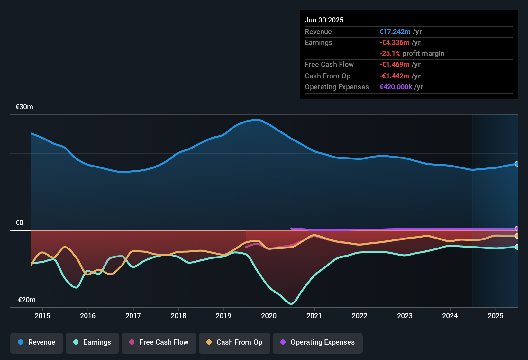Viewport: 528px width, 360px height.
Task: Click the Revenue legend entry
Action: click(x=37, y=342)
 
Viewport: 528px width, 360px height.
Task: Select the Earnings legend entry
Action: click(x=92, y=342)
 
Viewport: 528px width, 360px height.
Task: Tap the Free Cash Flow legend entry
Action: click(x=159, y=342)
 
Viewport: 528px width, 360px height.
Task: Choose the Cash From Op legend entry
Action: click(x=234, y=342)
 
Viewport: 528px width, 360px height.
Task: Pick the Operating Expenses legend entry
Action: click(x=318, y=342)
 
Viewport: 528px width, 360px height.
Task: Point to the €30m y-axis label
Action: click(x=24, y=107)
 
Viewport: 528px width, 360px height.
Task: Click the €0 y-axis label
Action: click(x=19, y=223)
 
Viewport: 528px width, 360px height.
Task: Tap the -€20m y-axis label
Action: click(x=26, y=300)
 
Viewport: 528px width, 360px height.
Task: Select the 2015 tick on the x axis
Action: click(x=42, y=316)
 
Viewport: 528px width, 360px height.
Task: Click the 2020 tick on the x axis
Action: click(x=269, y=316)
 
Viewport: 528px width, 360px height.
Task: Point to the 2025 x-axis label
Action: click(x=496, y=316)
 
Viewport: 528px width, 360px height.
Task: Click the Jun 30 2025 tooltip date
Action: click(x=324, y=20)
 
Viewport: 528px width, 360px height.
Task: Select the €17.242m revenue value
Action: click(x=395, y=32)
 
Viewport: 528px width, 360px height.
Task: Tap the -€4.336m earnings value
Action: click(x=394, y=43)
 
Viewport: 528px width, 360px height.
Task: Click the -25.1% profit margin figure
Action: click(x=390, y=54)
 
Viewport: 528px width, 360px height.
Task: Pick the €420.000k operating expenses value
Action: click(x=396, y=87)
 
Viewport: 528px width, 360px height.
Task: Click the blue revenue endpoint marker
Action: click(x=517, y=164)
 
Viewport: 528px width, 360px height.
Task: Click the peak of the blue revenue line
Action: click(x=257, y=120)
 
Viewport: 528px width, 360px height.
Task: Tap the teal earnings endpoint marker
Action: click(x=517, y=247)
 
